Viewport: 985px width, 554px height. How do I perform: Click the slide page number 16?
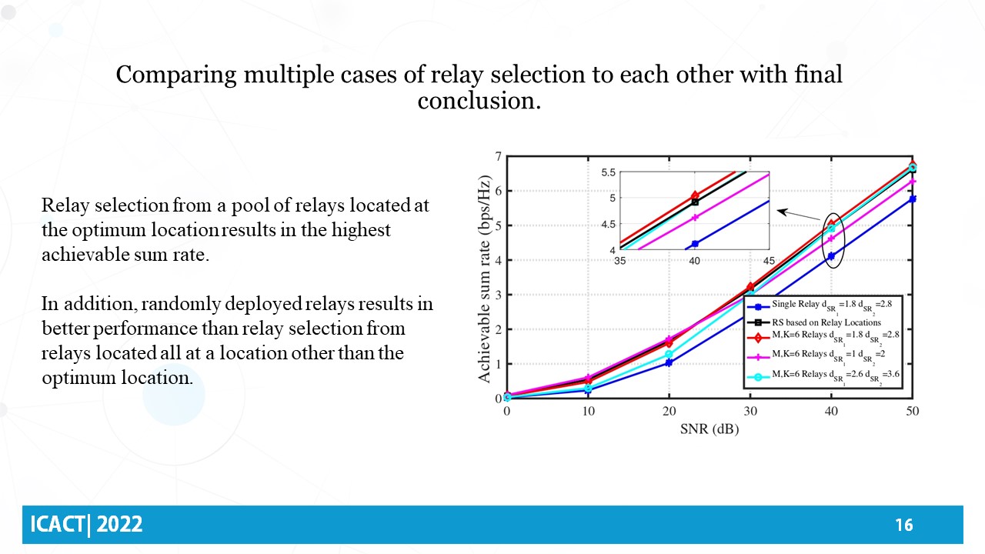(903, 525)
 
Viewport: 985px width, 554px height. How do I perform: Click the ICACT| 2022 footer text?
(86, 525)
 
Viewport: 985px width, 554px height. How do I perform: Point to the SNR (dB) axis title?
(709, 429)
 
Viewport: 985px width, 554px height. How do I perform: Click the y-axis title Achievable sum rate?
(485, 278)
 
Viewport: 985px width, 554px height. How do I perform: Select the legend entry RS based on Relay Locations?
(826, 322)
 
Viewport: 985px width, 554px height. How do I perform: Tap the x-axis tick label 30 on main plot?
(750, 412)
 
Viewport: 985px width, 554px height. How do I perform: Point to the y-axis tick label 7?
(498, 156)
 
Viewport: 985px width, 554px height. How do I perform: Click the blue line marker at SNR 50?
(912, 199)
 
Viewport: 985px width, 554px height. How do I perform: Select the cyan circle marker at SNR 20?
(669, 354)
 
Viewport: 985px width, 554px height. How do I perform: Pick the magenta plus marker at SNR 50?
(912, 181)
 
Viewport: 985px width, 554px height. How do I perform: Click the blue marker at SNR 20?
(669, 362)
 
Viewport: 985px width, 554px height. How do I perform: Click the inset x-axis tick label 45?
(769, 260)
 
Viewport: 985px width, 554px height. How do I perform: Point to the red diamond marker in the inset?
(695, 195)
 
